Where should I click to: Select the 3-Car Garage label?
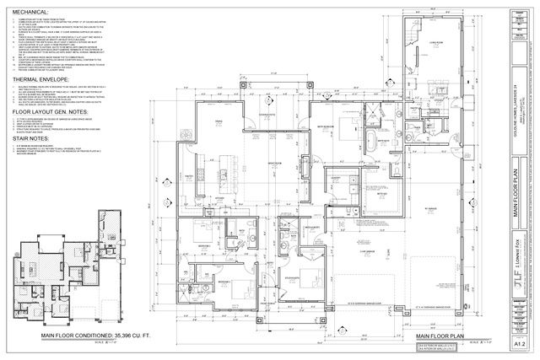(x=369, y=251)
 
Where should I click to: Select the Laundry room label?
(x=336, y=179)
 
